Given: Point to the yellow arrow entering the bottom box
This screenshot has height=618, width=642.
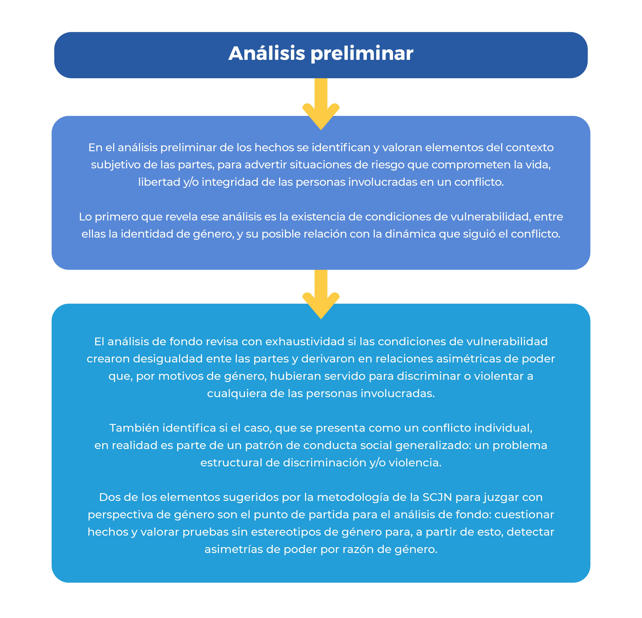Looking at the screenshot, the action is [x=321, y=294].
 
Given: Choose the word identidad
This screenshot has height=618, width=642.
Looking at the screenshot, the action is [x=147, y=234].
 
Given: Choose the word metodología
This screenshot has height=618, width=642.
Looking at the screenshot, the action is [x=353, y=497].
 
